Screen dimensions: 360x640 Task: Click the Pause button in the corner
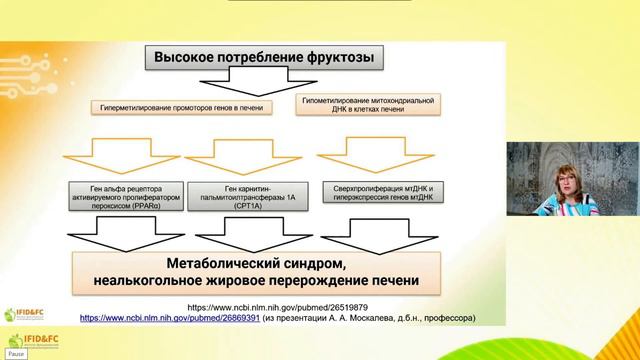pos(14,354)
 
